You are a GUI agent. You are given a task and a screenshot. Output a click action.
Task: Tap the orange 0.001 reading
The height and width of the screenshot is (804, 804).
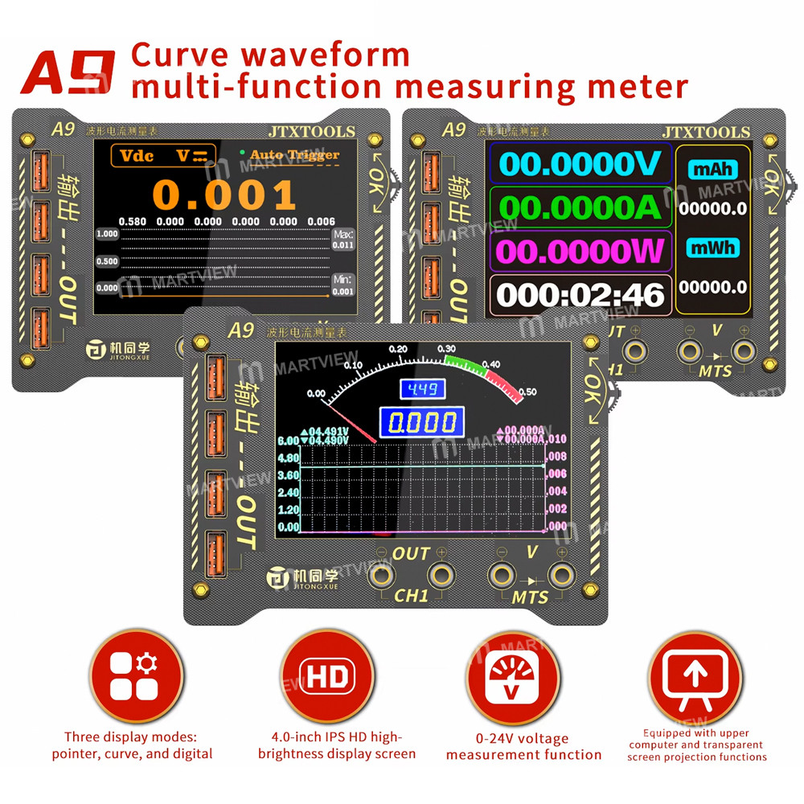coord(224,195)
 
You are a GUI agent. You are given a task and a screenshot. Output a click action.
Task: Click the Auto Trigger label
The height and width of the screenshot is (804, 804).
coord(294,154)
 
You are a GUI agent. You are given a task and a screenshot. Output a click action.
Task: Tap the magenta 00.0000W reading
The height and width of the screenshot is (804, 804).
coord(580,251)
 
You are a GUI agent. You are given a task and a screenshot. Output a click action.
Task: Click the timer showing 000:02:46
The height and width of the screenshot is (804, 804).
coord(580,294)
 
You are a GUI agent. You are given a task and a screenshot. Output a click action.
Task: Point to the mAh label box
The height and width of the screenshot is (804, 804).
coord(711,170)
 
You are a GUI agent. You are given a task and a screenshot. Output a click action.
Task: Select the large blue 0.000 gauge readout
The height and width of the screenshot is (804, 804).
coord(422,422)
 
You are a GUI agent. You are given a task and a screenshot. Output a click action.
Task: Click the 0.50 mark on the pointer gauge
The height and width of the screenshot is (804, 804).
coord(528,392)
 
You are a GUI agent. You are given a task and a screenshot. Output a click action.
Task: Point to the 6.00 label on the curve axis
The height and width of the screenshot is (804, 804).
coord(288,441)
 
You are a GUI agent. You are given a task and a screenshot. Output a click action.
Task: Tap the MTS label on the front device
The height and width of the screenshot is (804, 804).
coord(530,597)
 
